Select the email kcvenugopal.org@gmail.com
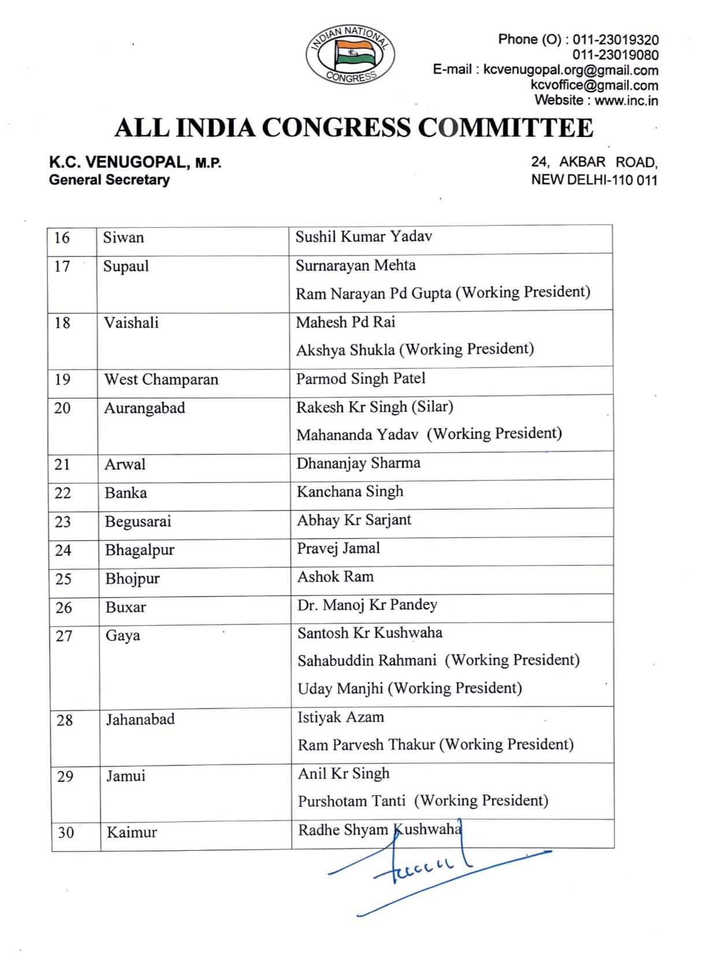point(570,71)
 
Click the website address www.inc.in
point(626,100)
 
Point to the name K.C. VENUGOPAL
point(120,163)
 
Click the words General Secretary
point(109,180)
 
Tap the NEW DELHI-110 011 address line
point(594,180)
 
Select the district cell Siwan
point(124,238)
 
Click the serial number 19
point(62,379)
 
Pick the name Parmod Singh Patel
point(361,378)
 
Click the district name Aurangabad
point(144,408)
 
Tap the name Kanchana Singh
point(350,492)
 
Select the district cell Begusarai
point(138,522)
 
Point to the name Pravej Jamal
point(338,548)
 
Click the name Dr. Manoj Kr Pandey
point(367,605)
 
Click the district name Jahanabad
point(140,720)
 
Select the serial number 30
point(66,833)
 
